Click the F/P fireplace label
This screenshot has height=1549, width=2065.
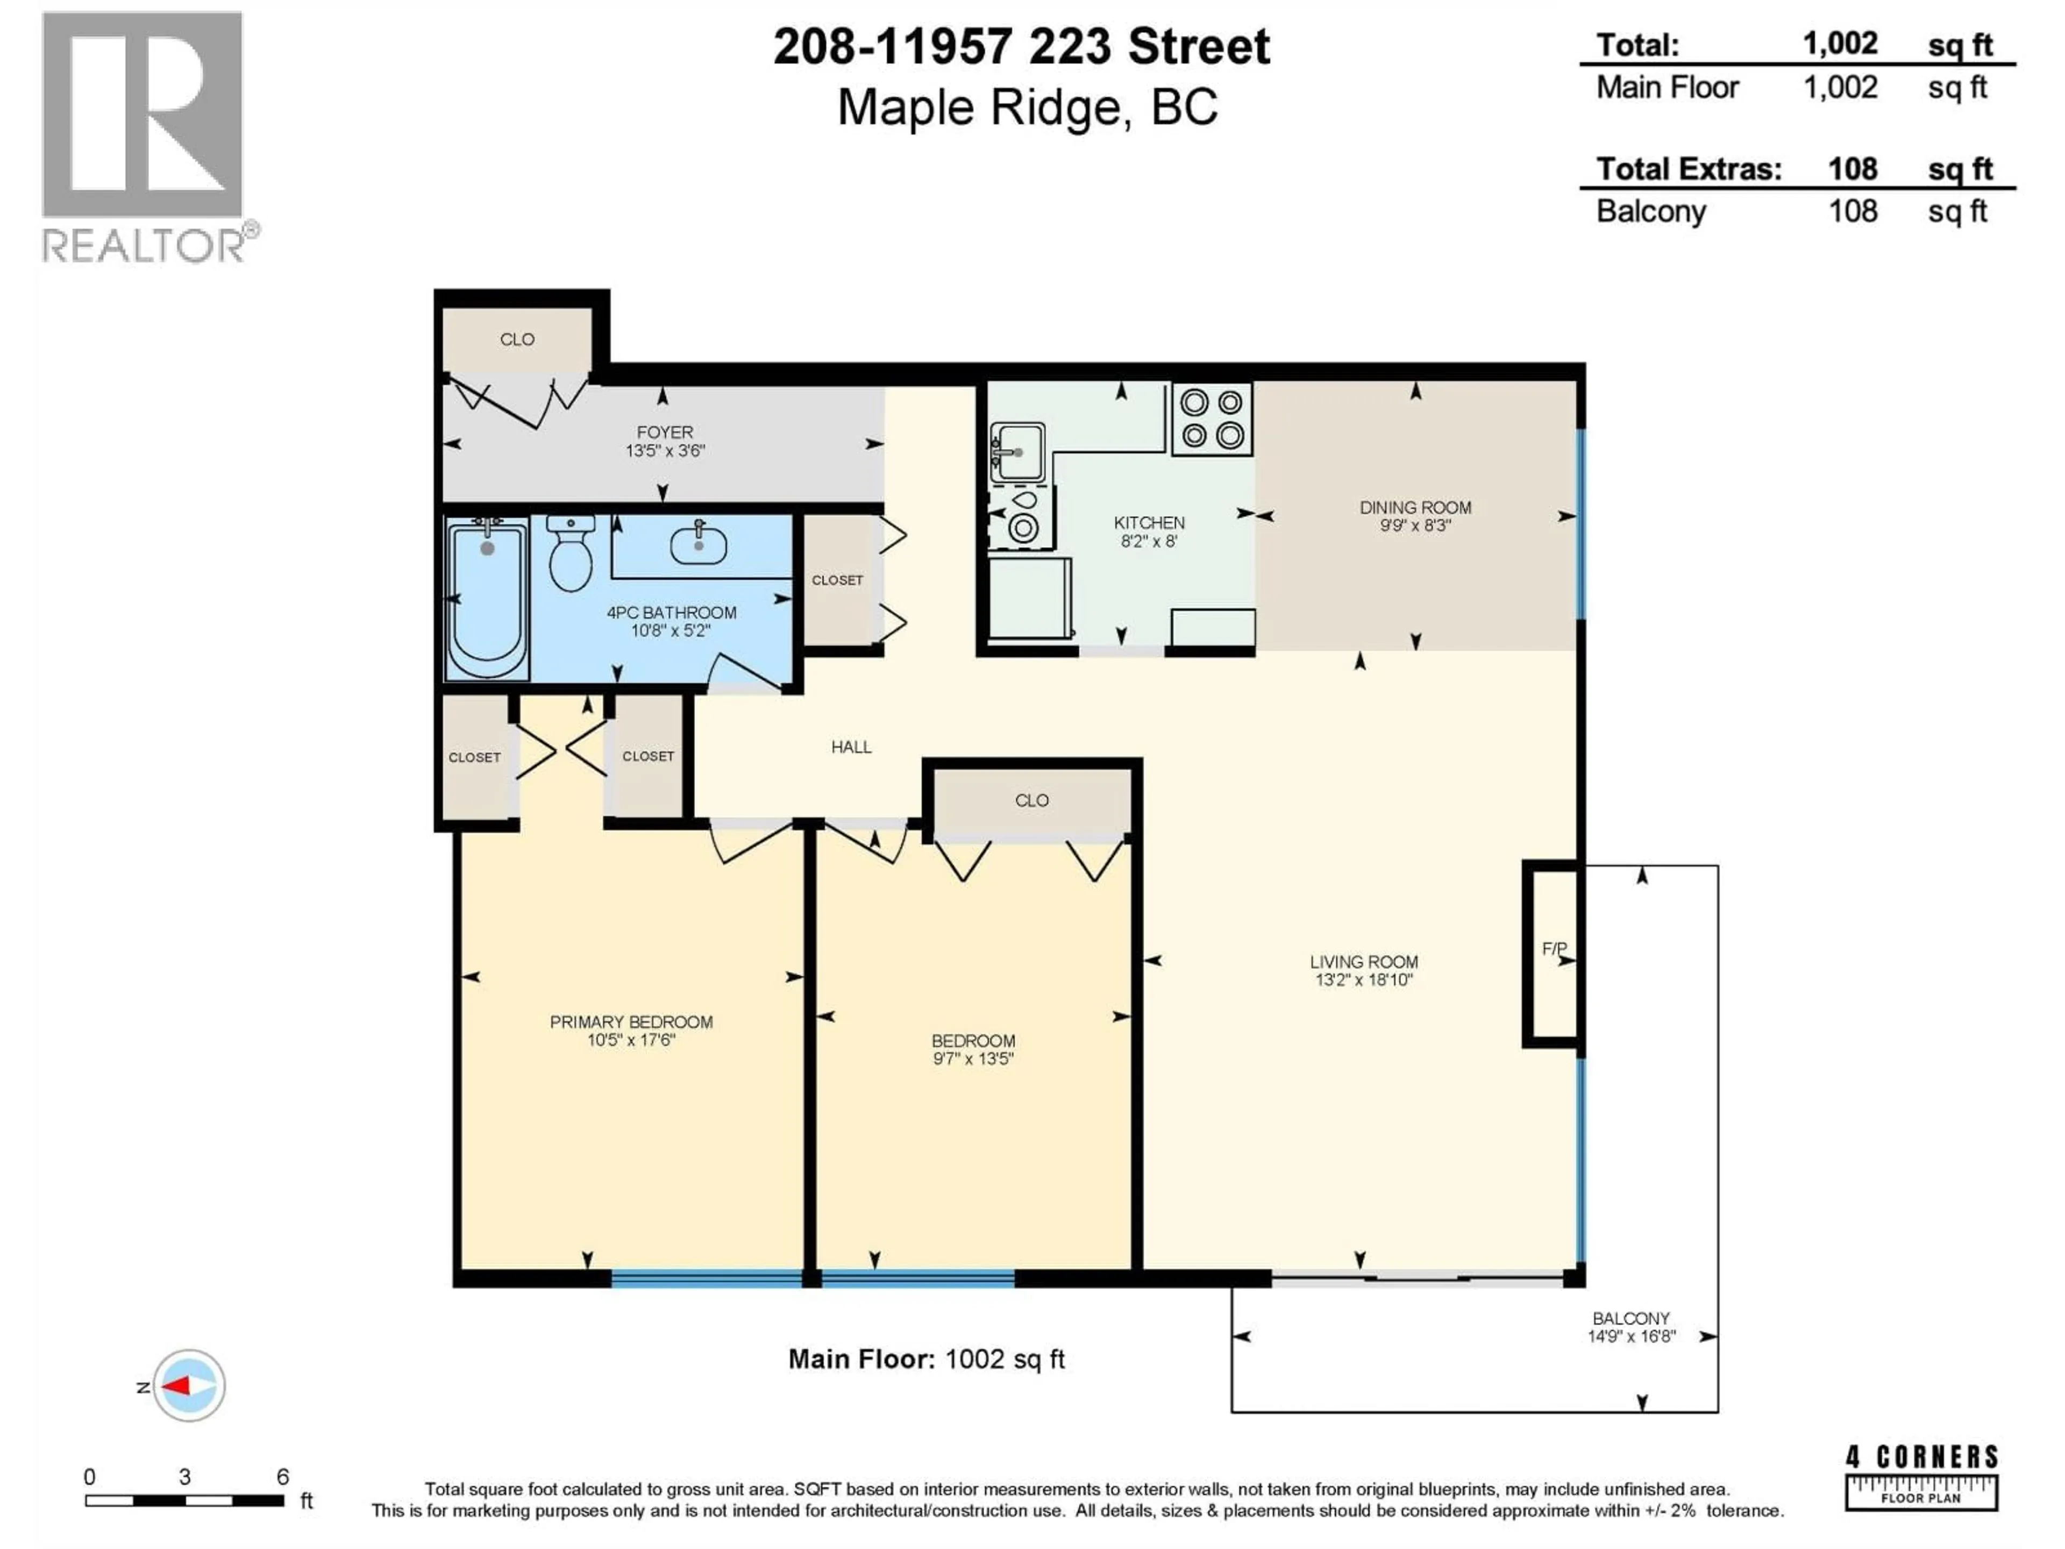tap(1554, 949)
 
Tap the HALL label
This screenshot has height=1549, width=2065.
tap(850, 747)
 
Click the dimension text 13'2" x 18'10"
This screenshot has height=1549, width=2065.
tap(1363, 979)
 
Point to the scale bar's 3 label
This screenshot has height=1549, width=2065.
tap(185, 1476)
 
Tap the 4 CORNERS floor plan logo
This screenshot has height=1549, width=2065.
tap(1921, 1476)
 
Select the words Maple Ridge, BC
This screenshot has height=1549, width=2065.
tap(1027, 108)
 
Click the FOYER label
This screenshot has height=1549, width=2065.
tap(665, 432)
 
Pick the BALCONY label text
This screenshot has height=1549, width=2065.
tap(1630, 1318)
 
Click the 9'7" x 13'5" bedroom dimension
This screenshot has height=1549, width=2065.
tap(973, 1059)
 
